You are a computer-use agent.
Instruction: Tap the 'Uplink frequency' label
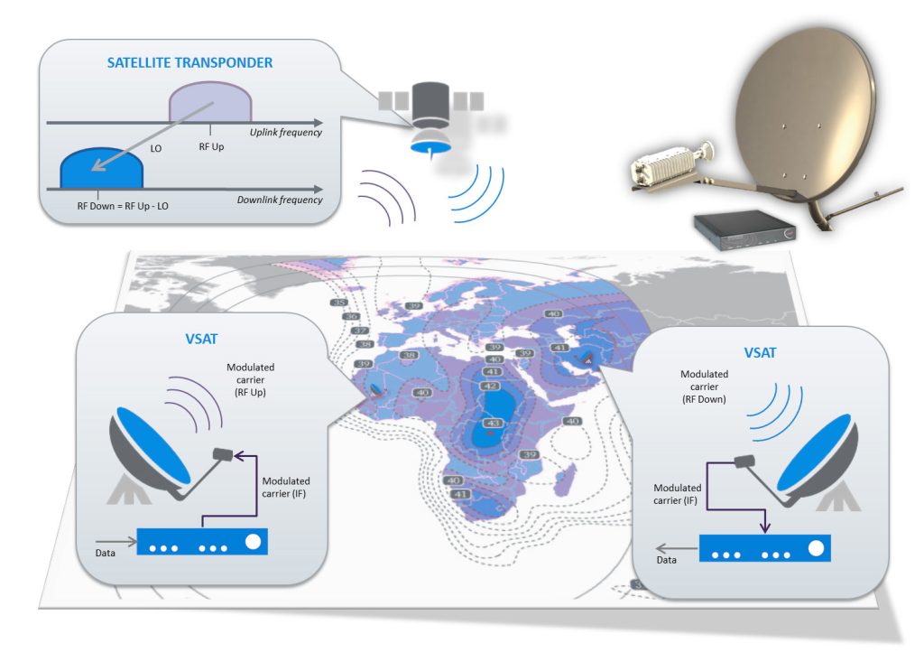point(288,133)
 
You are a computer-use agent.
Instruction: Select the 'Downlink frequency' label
point(281,200)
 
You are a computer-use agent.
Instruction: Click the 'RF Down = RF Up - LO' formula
point(123,206)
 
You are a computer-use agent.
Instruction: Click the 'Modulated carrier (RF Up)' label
point(252,380)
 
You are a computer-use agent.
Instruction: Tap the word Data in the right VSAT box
point(666,560)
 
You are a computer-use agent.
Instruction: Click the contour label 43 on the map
point(494,423)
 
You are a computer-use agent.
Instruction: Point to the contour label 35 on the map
point(339,303)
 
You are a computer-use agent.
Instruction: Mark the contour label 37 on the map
point(358,331)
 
